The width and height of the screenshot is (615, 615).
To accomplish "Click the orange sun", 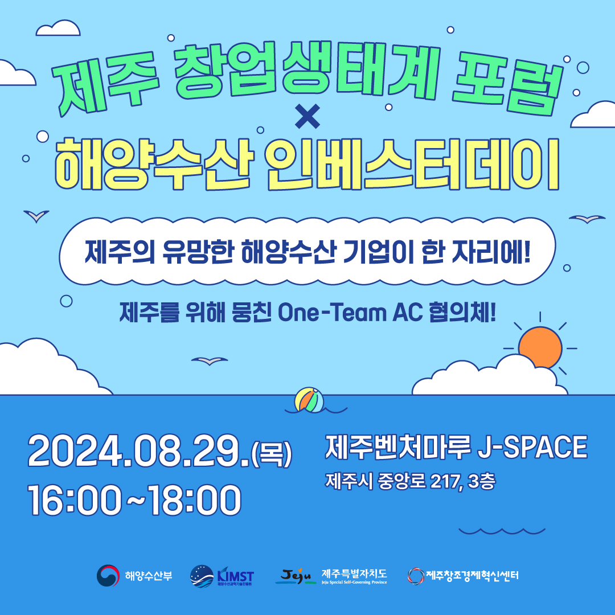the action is pos(540,347).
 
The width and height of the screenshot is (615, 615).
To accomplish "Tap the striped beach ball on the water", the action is pos(309,400).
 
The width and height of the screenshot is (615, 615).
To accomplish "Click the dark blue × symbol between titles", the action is pos(307,117).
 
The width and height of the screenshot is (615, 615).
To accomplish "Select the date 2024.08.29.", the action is pos(139,451).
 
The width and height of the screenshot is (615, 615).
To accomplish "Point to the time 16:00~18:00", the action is pos(134,500).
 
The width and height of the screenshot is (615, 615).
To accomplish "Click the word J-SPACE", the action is pos(532,447).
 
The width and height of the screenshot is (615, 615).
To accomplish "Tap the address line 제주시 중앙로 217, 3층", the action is pos(410,481).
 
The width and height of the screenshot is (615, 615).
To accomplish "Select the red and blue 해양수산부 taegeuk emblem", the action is pos(108,575).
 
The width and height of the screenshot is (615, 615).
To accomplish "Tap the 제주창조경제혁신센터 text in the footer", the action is pos(472,575).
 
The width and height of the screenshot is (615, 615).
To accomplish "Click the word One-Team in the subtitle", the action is pos(332,313).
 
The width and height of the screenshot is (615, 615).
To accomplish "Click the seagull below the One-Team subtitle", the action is pos(210,360).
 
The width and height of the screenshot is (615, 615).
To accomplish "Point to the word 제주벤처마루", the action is pos(397,447).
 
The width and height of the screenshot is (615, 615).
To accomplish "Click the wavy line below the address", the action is pos(502,531).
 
